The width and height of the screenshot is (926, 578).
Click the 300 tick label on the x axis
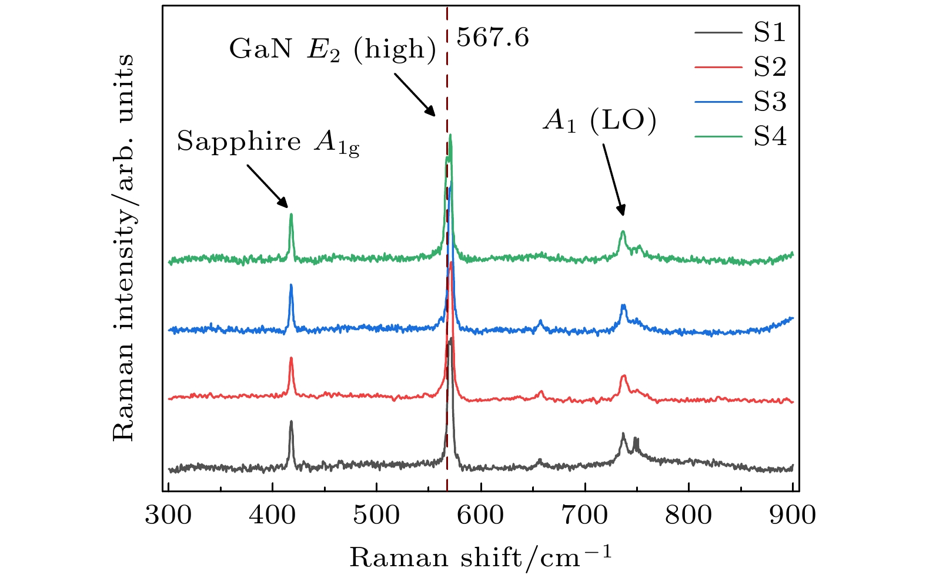(168, 515)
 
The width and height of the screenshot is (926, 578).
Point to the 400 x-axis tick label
(272, 515)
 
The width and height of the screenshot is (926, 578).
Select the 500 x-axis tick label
(376, 515)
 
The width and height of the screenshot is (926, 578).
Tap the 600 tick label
(480, 515)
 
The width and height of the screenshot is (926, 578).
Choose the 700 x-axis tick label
(584, 515)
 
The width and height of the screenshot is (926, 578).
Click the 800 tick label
(688, 515)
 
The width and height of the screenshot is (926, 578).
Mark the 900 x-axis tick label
(793, 515)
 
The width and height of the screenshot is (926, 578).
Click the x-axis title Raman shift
(481, 556)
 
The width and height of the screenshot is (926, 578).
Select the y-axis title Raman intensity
(123, 247)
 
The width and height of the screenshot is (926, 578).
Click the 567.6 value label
(493, 38)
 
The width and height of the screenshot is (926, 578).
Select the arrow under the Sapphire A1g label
(268, 186)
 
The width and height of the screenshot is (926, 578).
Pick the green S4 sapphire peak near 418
(291, 215)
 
